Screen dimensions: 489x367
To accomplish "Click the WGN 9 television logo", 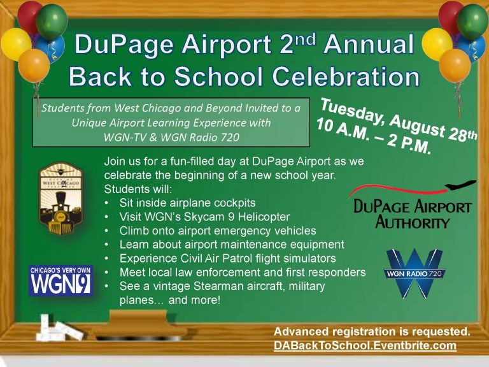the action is [x=61, y=280].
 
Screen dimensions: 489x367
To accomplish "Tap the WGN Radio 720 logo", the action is [x=415, y=274].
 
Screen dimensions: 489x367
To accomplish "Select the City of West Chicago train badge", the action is [x=61, y=198].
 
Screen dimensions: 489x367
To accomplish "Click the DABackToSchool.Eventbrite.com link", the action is [x=365, y=345].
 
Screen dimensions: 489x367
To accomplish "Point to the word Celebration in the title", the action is [x=346, y=76].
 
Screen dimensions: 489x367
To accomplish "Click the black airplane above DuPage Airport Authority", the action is [x=460, y=185].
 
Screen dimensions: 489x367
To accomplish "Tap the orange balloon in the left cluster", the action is [x=34, y=66].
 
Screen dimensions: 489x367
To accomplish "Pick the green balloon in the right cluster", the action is [x=472, y=22].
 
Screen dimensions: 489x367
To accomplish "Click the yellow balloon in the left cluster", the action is [x=15, y=44].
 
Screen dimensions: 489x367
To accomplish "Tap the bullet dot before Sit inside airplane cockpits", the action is [x=107, y=203].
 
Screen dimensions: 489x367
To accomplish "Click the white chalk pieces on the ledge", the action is [x=59, y=330].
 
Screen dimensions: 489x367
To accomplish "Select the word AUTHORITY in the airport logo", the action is [x=413, y=223].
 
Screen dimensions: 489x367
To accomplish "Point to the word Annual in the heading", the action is [x=369, y=44].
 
